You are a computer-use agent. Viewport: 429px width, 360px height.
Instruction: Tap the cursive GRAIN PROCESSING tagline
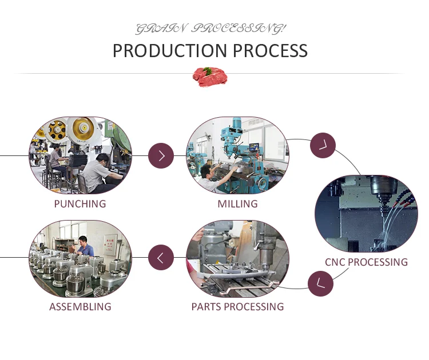coord(210,28)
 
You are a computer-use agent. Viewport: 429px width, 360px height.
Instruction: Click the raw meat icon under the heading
coord(209,76)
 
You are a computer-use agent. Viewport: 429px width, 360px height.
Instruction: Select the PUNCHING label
coord(80,203)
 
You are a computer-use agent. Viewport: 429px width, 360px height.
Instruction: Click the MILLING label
coord(237,203)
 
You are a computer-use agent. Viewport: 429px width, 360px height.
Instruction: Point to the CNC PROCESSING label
coord(366,262)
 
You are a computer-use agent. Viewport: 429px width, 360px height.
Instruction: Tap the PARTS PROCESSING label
coord(237,307)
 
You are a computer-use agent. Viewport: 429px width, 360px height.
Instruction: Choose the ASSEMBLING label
coord(80,307)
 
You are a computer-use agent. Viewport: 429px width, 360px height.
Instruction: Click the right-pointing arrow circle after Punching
coord(161,155)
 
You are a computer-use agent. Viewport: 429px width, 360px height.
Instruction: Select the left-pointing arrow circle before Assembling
coord(161,258)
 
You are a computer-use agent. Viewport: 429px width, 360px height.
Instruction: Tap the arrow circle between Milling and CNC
coord(323,145)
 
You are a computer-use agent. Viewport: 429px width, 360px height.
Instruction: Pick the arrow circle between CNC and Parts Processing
coord(320,283)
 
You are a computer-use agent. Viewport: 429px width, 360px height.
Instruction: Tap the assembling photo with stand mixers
coord(80,258)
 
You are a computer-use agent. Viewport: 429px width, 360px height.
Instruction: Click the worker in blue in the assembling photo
coord(84,247)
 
